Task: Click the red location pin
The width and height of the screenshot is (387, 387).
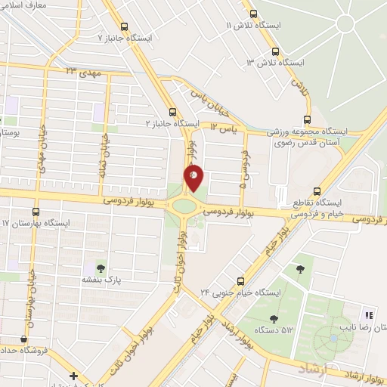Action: tap(194, 177)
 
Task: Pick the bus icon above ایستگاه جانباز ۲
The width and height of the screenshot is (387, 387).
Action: tap(175, 111)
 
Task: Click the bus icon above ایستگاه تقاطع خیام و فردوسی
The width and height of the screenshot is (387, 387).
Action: tap(317, 192)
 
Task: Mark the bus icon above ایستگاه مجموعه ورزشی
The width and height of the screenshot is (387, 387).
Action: tap(306, 119)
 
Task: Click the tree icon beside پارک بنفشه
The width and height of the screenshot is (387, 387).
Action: tap(100, 268)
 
